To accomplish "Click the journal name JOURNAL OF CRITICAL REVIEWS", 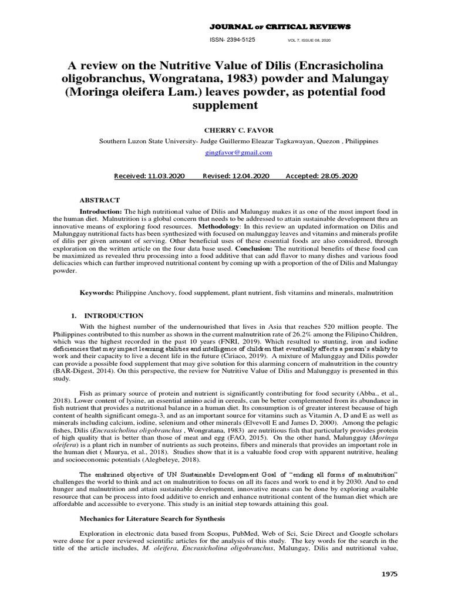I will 280,27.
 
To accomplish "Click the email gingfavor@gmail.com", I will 238,153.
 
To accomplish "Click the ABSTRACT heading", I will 100,200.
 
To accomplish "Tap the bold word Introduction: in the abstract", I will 100,211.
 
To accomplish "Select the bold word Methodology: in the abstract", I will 218,226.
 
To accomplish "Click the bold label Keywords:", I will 97,292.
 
